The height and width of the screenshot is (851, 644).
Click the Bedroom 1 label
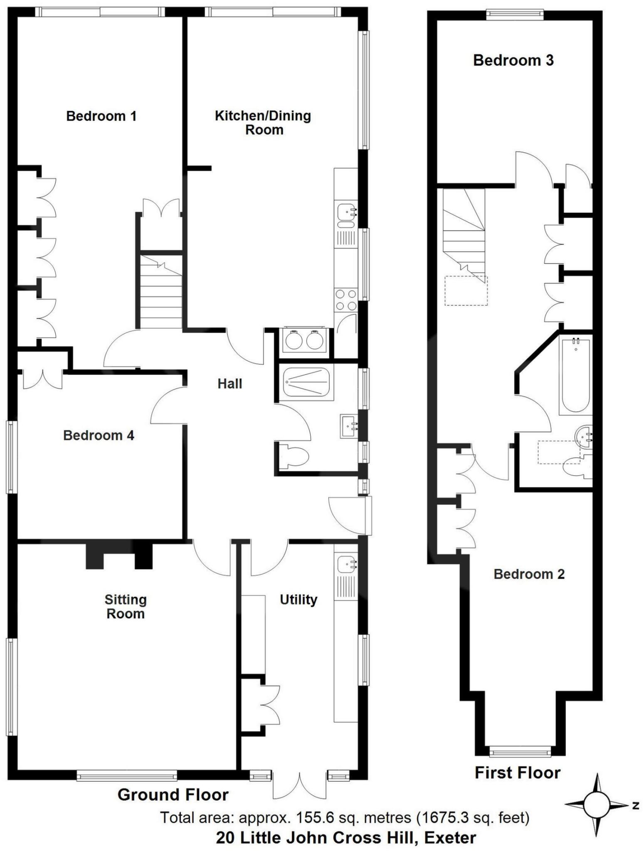click(101, 116)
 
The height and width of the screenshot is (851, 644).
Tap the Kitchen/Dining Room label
click(263, 123)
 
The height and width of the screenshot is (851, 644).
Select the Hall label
click(229, 384)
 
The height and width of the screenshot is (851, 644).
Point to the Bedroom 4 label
click(99, 435)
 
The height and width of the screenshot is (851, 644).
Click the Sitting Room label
click(125, 607)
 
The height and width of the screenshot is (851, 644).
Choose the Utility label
click(298, 600)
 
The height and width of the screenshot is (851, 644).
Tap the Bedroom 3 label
click(513, 61)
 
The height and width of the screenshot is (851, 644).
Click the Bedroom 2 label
click(529, 574)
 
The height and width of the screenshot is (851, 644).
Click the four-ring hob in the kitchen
click(345, 300)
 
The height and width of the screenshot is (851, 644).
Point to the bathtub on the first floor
click(575, 376)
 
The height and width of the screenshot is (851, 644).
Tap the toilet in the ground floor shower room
click(294, 458)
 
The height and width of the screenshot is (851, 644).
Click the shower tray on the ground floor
click(304, 382)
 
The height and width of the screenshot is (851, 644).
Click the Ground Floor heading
click(173, 794)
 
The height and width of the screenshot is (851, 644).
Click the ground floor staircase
click(160, 291)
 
